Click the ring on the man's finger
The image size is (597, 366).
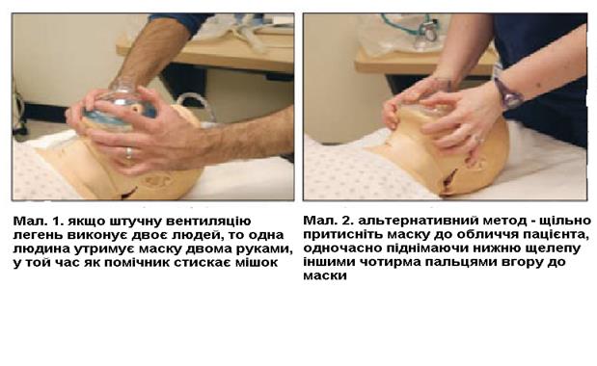point(129,153)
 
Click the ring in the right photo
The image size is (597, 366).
point(480,141)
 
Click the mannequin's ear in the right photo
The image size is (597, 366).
point(475,163)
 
